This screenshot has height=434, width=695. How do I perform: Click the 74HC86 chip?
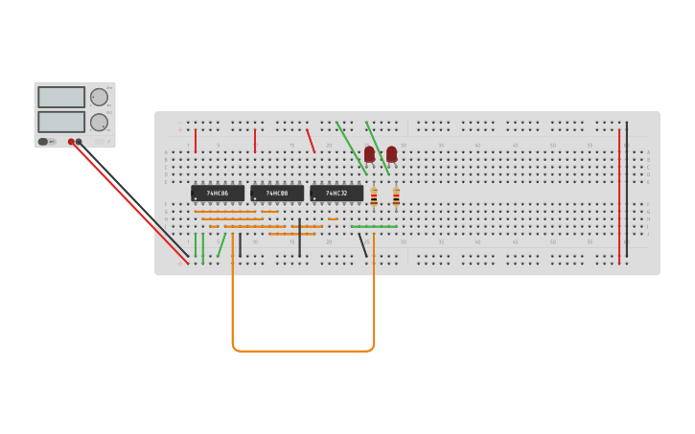tap(218, 193)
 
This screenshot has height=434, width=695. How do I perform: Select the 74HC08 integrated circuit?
tap(277, 193)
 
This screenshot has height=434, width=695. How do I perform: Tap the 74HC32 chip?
tap(336, 193)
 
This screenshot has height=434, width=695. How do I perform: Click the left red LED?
tap(369, 153)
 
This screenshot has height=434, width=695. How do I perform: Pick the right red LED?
tap(391, 153)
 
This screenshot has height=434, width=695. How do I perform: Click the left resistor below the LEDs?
tap(374, 197)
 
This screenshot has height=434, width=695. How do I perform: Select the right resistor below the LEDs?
tap(396, 197)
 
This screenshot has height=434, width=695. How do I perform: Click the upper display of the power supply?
tap(61, 97)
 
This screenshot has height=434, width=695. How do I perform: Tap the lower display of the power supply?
tap(61, 122)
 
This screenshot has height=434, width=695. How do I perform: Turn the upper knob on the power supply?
tap(99, 97)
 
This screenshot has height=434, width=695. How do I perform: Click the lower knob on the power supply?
tap(99, 122)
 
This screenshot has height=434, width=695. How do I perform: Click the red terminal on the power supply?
tap(71, 142)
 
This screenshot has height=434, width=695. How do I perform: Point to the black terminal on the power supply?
tap(79, 142)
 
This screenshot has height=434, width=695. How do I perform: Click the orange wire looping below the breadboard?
tap(303, 351)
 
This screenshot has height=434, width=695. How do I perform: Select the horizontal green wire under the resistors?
tap(374, 227)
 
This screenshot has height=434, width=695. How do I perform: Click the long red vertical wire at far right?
tap(619, 196)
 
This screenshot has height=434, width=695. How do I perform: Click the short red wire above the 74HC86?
tap(196, 141)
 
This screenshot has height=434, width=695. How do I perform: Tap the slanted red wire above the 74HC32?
tap(311, 141)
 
